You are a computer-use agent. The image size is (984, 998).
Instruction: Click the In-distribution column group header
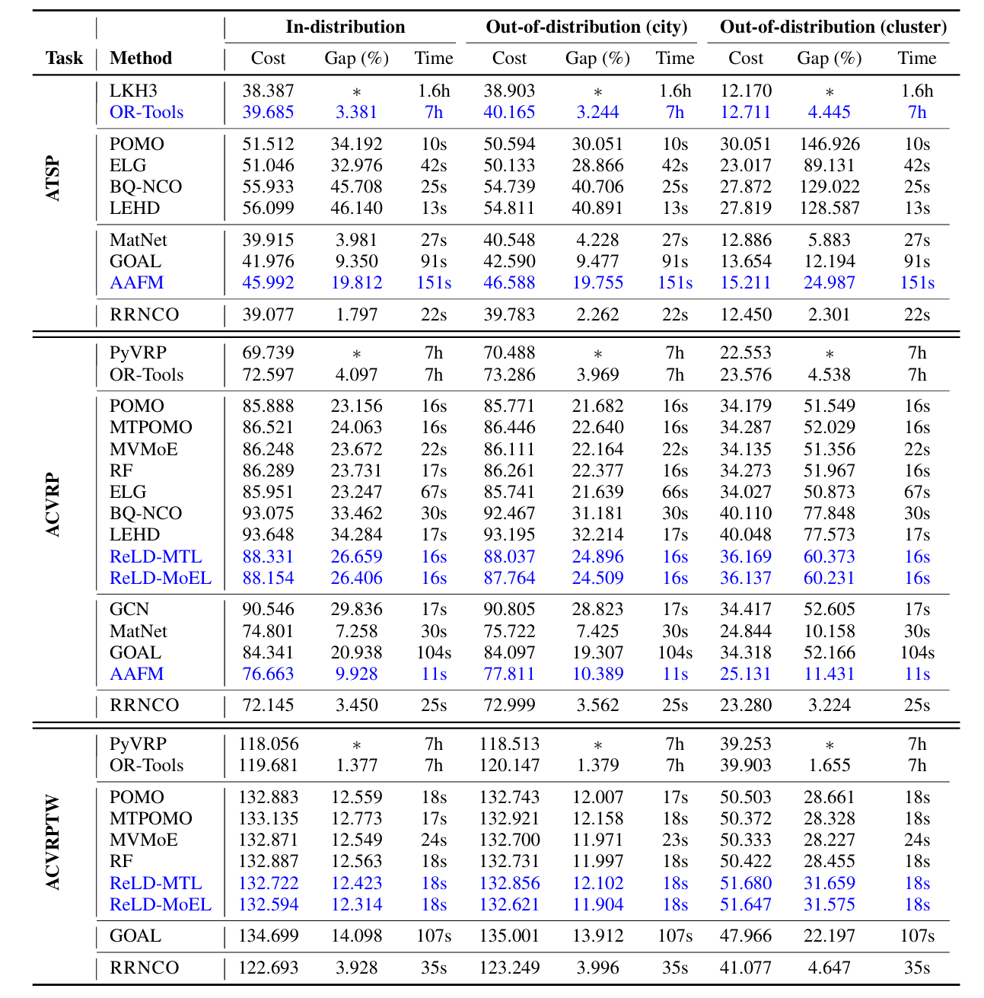click(x=346, y=27)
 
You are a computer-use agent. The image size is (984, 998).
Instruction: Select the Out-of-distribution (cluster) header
click(x=833, y=27)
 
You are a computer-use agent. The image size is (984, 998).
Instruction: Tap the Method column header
click(x=141, y=58)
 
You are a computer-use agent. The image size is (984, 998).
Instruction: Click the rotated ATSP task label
click(x=53, y=180)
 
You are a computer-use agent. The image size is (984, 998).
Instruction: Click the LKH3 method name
click(x=133, y=91)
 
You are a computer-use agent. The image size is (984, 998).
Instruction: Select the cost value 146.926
click(x=829, y=144)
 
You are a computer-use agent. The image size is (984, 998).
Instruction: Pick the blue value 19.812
click(x=356, y=282)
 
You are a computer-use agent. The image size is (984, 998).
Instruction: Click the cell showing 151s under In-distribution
click(x=434, y=282)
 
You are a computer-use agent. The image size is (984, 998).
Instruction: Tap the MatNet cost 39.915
click(x=268, y=240)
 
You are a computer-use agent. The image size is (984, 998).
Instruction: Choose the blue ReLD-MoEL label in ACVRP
click(x=161, y=578)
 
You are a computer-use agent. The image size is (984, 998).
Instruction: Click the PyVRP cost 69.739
click(x=268, y=352)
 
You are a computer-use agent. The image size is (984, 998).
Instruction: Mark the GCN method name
click(x=129, y=609)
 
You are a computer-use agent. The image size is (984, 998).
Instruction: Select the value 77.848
click(x=829, y=513)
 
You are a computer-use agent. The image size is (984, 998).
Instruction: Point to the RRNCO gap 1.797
click(x=356, y=314)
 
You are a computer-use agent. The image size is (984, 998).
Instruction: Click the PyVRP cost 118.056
click(x=268, y=744)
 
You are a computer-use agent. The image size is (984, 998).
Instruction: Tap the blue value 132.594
click(x=268, y=904)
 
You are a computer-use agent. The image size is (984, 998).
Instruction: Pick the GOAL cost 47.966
click(x=745, y=936)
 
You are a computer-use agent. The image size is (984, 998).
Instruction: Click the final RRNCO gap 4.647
click(x=829, y=968)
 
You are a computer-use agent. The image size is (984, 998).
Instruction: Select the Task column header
click(x=64, y=58)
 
